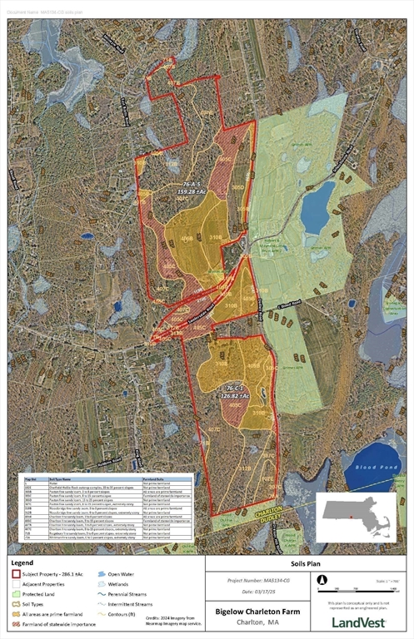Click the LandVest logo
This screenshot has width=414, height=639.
coord(359,621)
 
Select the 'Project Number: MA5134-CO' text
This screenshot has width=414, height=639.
coord(258,581)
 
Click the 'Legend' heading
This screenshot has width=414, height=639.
coord(22,563)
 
